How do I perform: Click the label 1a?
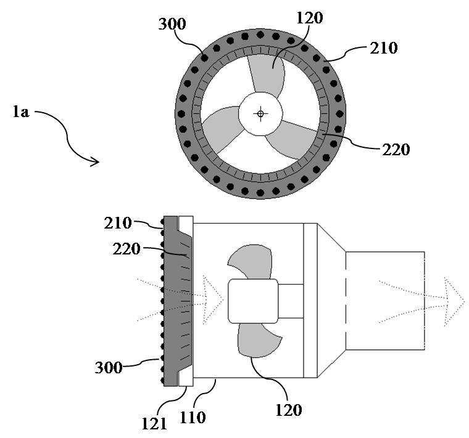click(x=21, y=112)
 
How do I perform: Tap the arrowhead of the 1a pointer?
click(x=95, y=161)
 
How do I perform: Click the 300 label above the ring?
click(x=172, y=24)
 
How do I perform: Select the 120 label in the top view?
click(x=310, y=18)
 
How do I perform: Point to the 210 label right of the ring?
click(x=384, y=48)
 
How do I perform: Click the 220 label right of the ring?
click(x=396, y=150)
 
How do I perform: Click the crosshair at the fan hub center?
click(x=260, y=113)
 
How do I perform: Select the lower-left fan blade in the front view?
click(x=222, y=131)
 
